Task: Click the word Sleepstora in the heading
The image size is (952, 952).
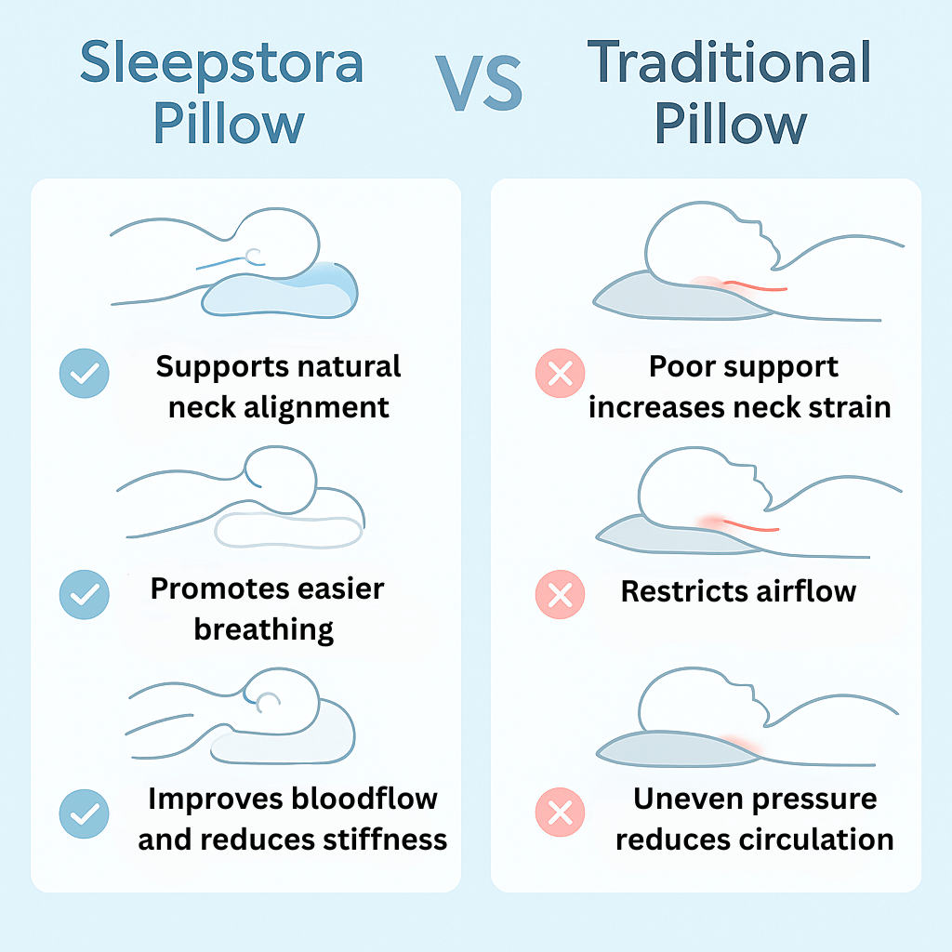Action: point(222,62)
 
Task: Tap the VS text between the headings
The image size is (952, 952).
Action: point(479,83)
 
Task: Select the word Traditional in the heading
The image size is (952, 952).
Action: point(729,61)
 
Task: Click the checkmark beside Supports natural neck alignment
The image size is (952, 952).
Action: point(85,374)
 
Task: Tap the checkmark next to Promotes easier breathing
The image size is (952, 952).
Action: point(85,594)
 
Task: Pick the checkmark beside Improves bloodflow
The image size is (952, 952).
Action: point(85,813)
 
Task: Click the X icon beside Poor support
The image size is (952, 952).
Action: point(560,374)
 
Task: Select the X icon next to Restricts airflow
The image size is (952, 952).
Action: point(560,594)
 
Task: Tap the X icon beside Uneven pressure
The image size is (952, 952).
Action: point(560,813)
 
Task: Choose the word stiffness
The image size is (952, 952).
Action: point(385,840)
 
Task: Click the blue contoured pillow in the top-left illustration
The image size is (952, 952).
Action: point(280,290)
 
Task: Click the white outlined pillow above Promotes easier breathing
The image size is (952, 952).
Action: point(288,531)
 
